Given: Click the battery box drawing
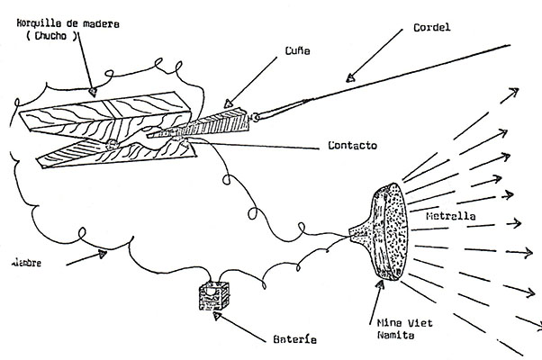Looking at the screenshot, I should [x=213, y=298].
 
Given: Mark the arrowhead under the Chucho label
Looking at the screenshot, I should [x=93, y=89].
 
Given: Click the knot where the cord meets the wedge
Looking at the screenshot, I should [x=257, y=116].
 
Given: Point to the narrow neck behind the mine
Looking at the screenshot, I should [x=360, y=235].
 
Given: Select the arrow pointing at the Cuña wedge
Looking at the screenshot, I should [x=252, y=85].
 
